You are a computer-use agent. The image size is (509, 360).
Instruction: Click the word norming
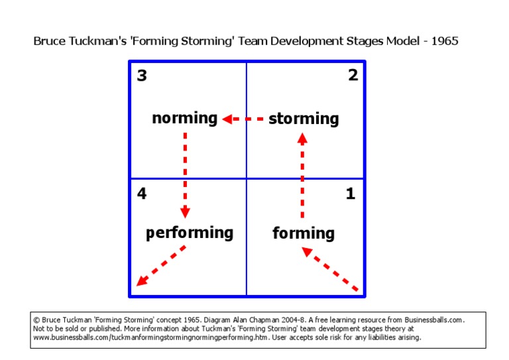point(184,119)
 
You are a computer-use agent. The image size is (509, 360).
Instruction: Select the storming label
point(304,119)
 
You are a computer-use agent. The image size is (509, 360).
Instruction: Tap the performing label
point(190,233)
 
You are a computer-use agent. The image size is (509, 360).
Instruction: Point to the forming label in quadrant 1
point(304,233)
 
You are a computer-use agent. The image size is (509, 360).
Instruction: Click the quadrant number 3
point(142,76)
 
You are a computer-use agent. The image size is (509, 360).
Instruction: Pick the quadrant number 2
point(353,76)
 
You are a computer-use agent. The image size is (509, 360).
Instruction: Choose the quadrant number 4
point(142,194)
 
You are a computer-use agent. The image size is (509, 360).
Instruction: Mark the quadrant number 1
point(351,194)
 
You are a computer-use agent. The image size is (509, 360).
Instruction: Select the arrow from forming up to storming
point(302,176)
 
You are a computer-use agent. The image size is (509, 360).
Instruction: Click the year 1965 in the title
point(444,41)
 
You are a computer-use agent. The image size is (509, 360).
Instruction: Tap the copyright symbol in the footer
point(36,320)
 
